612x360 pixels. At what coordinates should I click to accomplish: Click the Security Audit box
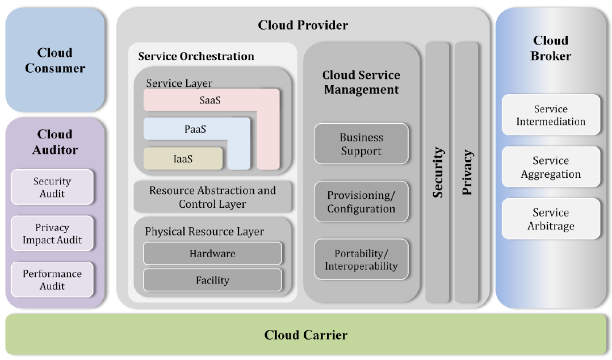(52, 187)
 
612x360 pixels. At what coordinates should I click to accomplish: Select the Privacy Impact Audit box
(52, 233)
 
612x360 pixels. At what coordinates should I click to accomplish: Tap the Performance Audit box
(52, 279)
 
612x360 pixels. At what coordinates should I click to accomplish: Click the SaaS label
(210, 100)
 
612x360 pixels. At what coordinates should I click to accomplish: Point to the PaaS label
(195, 129)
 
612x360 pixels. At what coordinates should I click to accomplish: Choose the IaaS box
(183, 158)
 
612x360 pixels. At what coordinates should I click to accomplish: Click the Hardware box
(212, 253)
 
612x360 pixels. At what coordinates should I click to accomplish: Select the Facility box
(212, 280)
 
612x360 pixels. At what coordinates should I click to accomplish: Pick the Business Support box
(361, 144)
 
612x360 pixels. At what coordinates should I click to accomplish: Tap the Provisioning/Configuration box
(361, 202)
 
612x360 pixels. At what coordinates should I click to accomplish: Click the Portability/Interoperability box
(361, 259)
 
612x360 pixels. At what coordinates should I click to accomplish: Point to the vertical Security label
(438, 173)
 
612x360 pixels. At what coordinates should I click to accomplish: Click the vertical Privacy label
(467, 173)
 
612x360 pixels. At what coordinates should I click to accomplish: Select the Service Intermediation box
(551, 115)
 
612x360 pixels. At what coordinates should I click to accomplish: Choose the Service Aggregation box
(551, 167)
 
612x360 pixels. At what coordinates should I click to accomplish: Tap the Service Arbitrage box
(551, 219)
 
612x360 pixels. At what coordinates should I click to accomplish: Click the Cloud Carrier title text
(305, 335)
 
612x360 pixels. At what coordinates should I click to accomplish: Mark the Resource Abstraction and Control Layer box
(212, 196)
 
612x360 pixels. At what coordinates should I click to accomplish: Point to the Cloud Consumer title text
(55, 60)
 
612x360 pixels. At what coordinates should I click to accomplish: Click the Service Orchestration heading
(196, 56)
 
